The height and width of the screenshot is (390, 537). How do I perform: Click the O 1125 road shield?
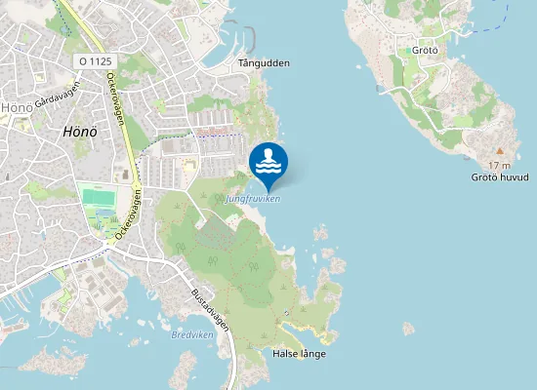click(95, 60)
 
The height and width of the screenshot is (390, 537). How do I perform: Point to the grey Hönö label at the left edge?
click(15, 107)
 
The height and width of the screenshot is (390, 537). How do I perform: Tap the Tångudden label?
click(264, 63)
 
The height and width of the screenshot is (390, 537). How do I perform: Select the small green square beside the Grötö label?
click(407, 50)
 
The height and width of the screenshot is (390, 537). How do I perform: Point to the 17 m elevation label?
click(499, 165)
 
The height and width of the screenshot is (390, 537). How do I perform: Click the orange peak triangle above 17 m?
click(499, 151)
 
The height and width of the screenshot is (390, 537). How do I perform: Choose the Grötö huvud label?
click(500, 177)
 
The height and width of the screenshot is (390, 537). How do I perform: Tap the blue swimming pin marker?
click(268, 162)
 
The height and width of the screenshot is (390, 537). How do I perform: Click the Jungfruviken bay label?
click(252, 199)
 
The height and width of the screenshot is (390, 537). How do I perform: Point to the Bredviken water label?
click(190, 334)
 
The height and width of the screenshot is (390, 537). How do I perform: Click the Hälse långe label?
click(300, 353)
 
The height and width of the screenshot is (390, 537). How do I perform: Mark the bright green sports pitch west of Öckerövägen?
click(98, 198)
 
